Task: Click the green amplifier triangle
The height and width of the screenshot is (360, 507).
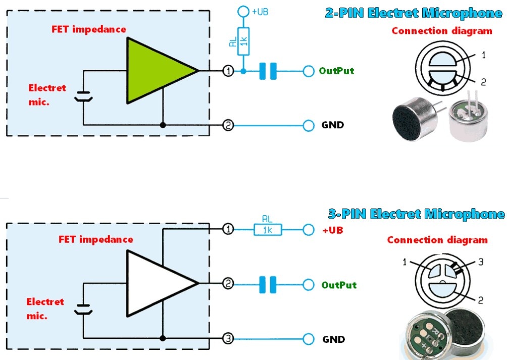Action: (155, 71)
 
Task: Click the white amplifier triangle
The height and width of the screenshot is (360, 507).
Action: (155, 283)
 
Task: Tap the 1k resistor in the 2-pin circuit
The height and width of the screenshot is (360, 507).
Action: (243, 41)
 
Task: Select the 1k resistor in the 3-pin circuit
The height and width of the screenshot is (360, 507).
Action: (268, 230)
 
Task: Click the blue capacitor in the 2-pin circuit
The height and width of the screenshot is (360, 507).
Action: (268, 71)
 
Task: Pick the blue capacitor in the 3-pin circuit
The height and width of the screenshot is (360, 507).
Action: (268, 284)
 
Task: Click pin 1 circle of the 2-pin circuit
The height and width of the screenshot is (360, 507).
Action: (228, 71)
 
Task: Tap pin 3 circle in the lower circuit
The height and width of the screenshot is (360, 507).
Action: (228, 339)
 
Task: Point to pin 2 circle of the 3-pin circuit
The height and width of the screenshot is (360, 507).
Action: (228, 284)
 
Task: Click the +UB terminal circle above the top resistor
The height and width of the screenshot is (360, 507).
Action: (243, 12)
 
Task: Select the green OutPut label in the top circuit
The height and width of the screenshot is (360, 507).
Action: (336, 71)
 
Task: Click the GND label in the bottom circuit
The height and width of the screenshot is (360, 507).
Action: (334, 339)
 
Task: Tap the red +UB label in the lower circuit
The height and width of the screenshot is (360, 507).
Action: (333, 230)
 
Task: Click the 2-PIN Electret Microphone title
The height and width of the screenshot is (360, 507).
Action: (414, 13)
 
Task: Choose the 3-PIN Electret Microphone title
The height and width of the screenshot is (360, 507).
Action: (416, 214)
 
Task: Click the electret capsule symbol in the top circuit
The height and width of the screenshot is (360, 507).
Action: (83, 96)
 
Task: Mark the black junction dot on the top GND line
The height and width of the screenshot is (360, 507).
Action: (163, 125)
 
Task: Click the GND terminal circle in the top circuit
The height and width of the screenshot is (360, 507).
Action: (309, 125)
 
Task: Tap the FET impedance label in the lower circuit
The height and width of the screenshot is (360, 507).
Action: (96, 239)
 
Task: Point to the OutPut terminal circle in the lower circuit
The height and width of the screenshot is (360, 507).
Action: (309, 285)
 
